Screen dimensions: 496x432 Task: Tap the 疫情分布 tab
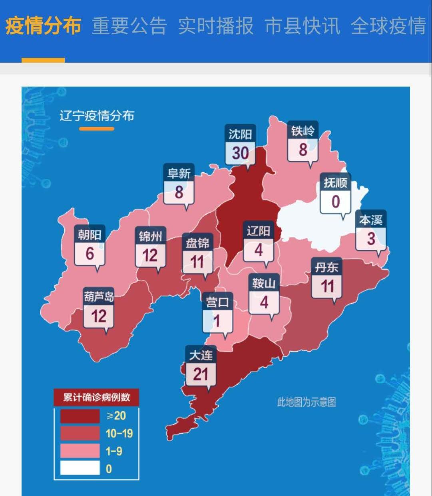43,26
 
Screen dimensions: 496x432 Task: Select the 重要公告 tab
129,26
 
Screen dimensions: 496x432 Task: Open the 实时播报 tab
216,26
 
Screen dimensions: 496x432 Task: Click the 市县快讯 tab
302,26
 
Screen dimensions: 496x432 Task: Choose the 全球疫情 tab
388,26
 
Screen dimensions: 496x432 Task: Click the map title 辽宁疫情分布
97,116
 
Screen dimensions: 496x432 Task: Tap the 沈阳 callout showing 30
240,146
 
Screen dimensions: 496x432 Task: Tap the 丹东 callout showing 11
327,279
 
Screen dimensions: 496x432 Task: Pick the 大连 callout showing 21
201,367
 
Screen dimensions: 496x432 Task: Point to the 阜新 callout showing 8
179,185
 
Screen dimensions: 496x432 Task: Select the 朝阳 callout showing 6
90,246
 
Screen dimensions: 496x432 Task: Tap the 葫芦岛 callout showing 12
99,309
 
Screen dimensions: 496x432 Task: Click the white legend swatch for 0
80,468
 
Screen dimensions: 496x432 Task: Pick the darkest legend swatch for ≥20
80,416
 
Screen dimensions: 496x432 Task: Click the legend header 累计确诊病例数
96,397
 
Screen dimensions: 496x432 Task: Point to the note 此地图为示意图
307,402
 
